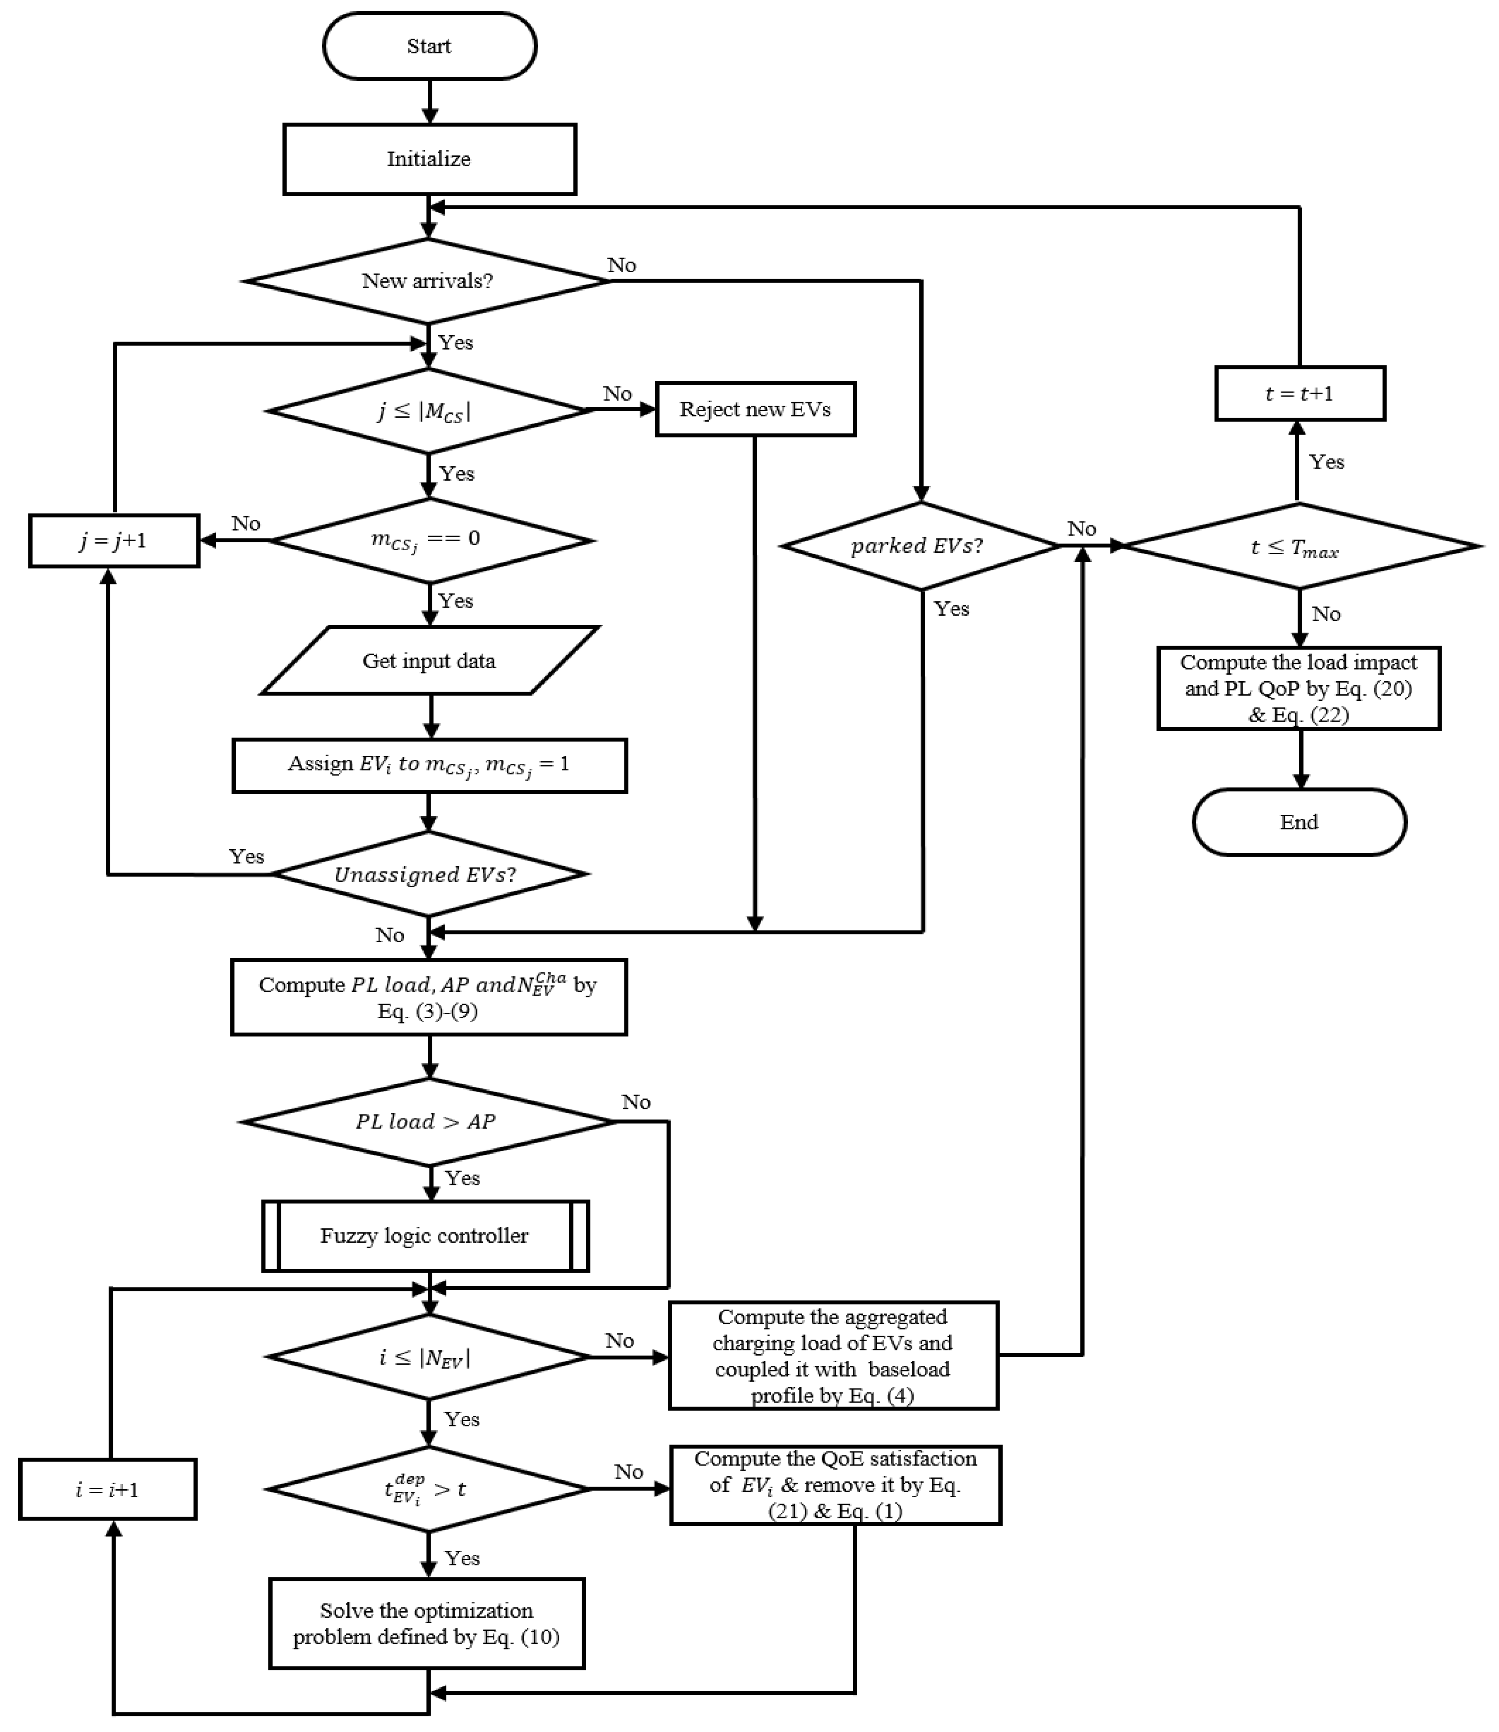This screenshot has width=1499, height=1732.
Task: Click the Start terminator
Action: (x=429, y=46)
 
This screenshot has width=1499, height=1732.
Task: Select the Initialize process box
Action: (x=429, y=159)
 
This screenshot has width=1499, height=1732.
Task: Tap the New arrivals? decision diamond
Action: (x=427, y=281)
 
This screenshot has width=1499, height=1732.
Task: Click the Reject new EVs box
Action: (x=755, y=409)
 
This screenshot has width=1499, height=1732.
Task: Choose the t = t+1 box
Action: (x=1299, y=393)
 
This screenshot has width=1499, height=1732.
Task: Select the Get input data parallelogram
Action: (x=429, y=661)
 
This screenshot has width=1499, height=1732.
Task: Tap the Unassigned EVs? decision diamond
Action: (x=427, y=875)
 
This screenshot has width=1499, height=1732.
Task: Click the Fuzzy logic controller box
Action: (x=425, y=1236)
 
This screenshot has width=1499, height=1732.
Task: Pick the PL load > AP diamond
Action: (x=427, y=1122)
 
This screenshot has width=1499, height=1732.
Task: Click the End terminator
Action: (x=1299, y=822)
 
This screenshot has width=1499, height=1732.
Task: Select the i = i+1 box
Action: (x=107, y=1489)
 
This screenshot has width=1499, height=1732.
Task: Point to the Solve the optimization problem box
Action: (x=426, y=1623)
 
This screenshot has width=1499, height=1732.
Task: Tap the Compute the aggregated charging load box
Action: (x=833, y=1356)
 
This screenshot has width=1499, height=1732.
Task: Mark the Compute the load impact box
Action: (x=1298, y=688)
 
